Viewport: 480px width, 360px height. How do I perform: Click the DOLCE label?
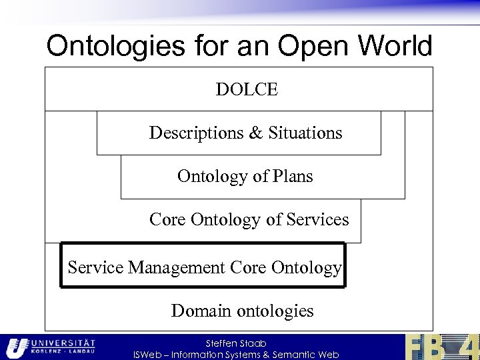[246, 89]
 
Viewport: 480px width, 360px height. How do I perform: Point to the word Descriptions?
[197, 133]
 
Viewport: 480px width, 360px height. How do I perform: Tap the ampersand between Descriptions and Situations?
[256, 133]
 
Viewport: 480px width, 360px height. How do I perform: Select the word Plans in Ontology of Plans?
[293, 177]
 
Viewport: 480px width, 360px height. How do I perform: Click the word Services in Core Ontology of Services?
[315, 220]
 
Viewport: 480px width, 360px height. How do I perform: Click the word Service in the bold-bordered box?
[96, 268]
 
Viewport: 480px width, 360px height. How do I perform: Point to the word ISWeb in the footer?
[148, 355]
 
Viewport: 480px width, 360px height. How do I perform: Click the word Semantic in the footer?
[291, 355]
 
